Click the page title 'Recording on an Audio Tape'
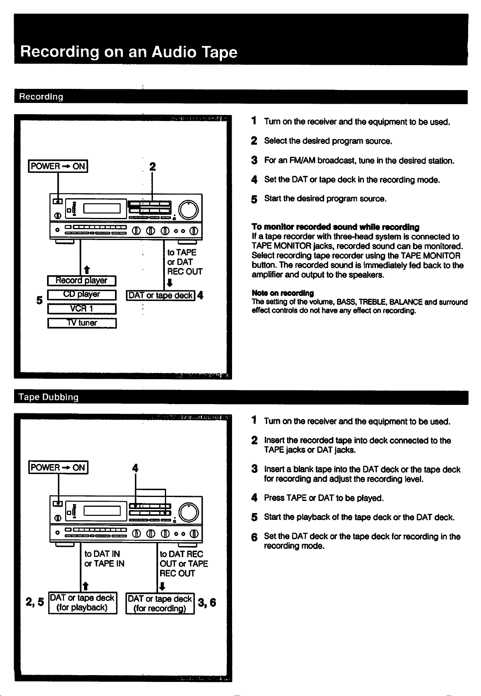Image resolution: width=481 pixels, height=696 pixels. tap(129, 52)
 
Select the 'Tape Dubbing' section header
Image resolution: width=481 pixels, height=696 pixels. tap(49, 397)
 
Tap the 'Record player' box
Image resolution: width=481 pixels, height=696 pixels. tap(82, 280)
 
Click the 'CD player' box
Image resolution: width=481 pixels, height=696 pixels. tap(82, 295)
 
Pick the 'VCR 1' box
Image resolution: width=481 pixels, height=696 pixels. tap(82, 309)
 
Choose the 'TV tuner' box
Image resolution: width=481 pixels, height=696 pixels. tap(82, 323)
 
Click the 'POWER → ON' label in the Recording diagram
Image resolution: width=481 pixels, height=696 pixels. tap(58, 166)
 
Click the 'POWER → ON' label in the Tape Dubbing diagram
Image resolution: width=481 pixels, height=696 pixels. tap(58, 468)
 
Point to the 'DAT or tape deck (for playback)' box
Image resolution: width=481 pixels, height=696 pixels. tap(82, 603)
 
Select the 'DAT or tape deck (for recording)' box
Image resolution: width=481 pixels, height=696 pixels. tap(160, 604)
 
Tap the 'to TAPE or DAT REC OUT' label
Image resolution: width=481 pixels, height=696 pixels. tap(185, 262)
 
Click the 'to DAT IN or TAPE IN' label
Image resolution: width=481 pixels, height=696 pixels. tap(104, 559)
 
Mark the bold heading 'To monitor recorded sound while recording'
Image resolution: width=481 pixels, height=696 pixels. tap(335, 227)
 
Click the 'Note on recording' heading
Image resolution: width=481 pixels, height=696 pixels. tap(283, 293)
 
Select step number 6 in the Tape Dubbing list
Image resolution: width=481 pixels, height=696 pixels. tap(254, 537)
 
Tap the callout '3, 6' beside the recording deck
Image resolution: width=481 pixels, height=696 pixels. tap(207, 603)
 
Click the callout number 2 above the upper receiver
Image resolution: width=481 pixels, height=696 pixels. tap(152, 166)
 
